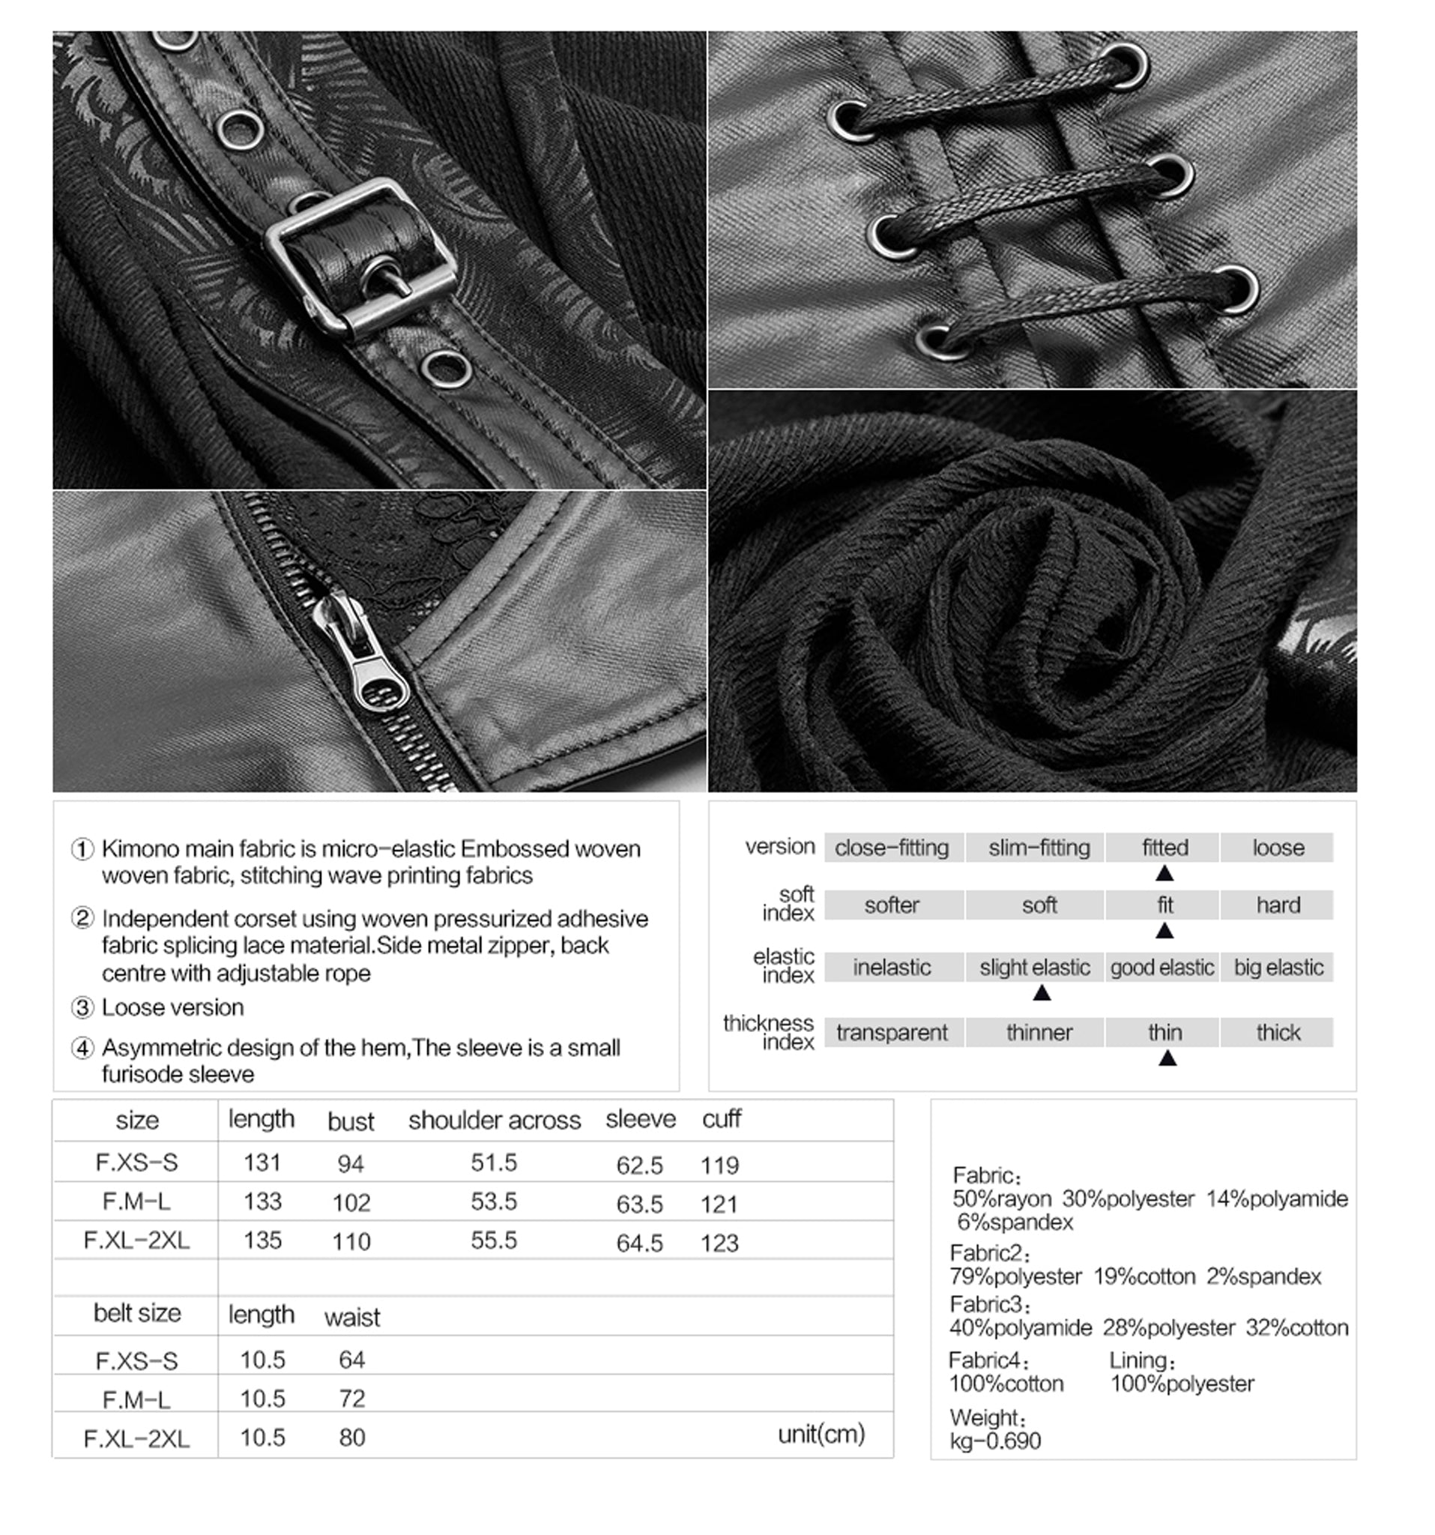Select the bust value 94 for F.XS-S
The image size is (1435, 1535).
pyautogui.click(x=351, y=1163)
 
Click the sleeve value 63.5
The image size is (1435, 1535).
pyautogui.click(x=639, y=1204)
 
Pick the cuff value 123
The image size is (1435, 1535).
pyautogui.click(x=719, y=1243)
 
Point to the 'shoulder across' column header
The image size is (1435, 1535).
pyautogui.click(x=494, y=1121)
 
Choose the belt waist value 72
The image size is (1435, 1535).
pyautogui.click(x=351, y=1399)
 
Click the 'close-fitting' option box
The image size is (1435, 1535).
pyautogui.click(x=892, y=848)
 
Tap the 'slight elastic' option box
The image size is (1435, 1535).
pyautogui.click(x=1034, y=968)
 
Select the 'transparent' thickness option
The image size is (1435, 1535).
pyautogui.click(x=892, y=1032)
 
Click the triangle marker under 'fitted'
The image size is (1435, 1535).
pyautogui.click(x=1164, y=873)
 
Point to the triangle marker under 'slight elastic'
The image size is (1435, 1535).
pyautogui.click(x=1042, y=993)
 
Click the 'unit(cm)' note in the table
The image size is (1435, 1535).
pyautogui.click(x=821, y=1434)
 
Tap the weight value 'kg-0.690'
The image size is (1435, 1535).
pyautogui.click(x=995, y=1441)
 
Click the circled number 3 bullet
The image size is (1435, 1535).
pyautogui.click(x=82, y=1007)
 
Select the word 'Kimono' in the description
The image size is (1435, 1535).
pyautogui.click(x=135, y=848)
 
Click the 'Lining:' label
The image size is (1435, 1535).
pyautogui.click(x=1142, y=1360)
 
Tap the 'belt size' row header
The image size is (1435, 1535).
pyautogui.click(x=136, y=1312)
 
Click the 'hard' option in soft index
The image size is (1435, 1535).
pyautogui.click(x=1278, y=905)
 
